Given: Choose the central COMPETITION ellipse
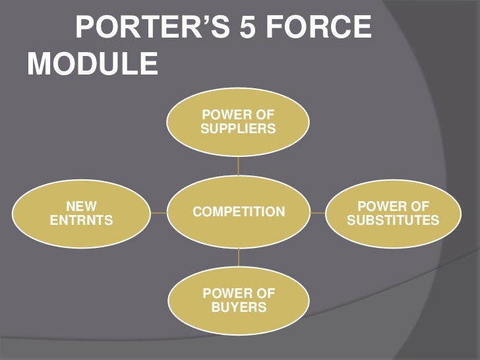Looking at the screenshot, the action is coord(238,212).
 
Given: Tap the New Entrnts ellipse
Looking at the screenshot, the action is coord(82,212).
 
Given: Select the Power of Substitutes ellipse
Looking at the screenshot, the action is coord(393,213).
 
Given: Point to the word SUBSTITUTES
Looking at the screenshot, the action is coord(393,220).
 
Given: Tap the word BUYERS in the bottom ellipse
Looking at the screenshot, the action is coord(238,308).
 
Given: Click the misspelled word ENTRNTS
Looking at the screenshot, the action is coord(82,220).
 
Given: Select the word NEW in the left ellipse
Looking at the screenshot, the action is coord(82,206).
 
